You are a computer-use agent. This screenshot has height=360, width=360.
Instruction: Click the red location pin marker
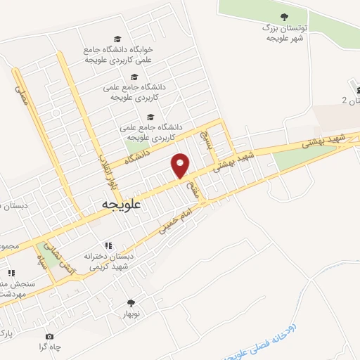click(181, 165)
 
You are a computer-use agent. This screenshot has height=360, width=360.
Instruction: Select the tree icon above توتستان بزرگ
click(284, 16)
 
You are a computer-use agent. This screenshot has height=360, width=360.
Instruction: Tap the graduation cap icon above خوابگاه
click(117, 39)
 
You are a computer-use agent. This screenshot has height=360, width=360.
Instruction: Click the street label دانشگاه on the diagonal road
click(138, 154)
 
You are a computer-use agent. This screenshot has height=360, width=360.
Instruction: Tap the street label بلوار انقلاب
click(105, 171)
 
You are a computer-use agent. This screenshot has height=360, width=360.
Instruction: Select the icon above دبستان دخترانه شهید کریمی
click(108, 245)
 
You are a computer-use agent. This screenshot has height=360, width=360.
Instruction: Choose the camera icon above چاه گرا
click(49, 336)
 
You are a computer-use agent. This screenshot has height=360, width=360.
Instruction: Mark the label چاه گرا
click(50, 348)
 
